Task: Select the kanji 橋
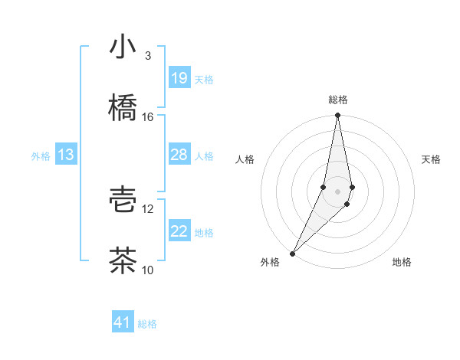coord(123,107)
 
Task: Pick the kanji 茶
coord(123,260)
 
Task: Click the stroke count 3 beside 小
coord(147,56)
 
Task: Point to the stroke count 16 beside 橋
coord(147,116)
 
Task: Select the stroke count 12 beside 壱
coord(147,208)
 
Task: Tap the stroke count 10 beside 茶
coord(147,270)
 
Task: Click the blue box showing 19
coord(179,78)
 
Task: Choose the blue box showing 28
coord(179,155)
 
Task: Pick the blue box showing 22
coord(179,231)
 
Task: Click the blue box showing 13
coord(66,155)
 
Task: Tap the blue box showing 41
coord(123,322)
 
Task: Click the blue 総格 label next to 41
coord(147,324)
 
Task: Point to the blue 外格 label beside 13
coord(41,156)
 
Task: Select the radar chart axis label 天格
coord(432,159)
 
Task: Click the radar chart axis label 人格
coord(245,159)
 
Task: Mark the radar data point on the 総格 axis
coord(337,116)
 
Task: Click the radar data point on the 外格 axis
coord(292,253)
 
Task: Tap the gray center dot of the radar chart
coord(337,191)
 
